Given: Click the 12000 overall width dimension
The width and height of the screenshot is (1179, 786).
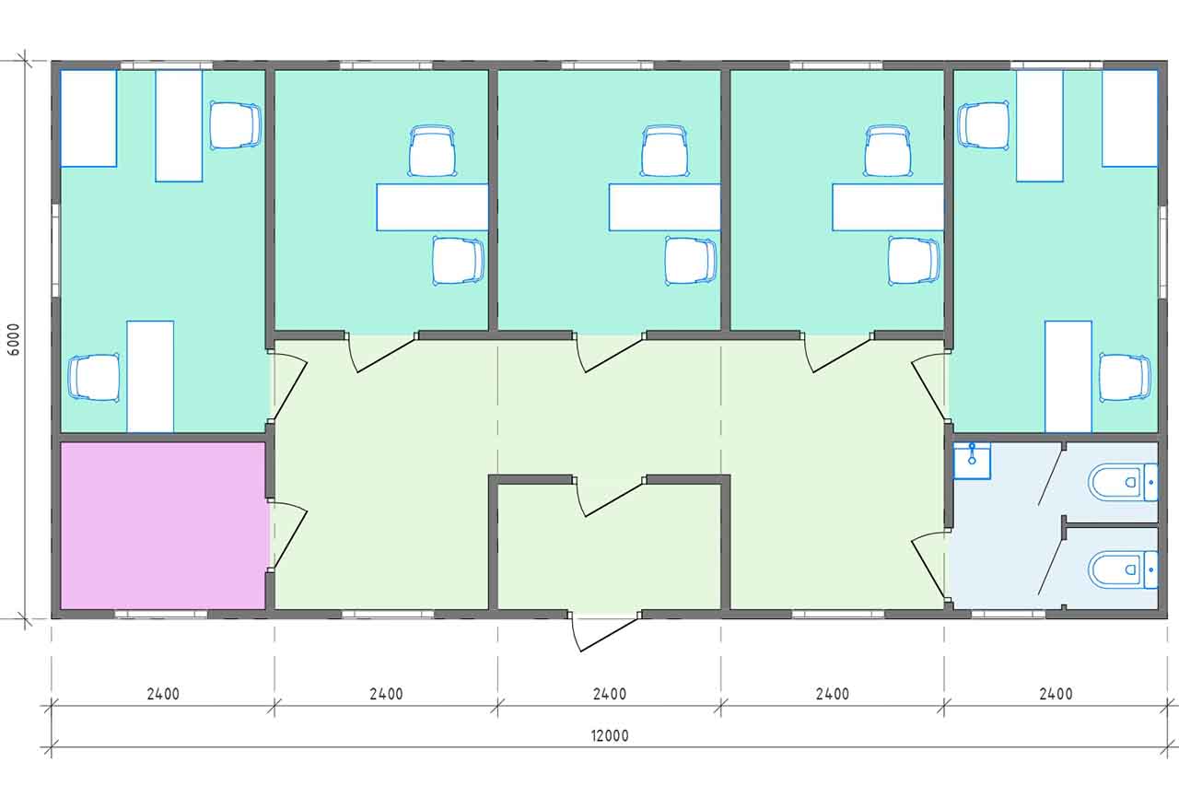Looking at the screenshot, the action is (610, 735).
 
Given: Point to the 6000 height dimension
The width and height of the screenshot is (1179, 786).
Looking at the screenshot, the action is (14, 339).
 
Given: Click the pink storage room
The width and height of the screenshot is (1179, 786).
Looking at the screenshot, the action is (163, 525).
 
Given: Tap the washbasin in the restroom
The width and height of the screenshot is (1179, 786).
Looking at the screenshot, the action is (972, 461).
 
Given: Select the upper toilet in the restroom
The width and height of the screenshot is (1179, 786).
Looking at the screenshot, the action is (1123, 482).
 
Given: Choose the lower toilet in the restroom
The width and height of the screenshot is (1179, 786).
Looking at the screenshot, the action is (1123, 569).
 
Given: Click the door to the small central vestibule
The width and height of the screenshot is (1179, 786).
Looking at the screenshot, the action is (609, 498).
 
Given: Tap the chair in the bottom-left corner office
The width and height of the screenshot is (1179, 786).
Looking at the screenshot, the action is (94, 378).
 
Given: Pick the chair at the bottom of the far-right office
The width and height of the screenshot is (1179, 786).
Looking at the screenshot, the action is (1125, 378).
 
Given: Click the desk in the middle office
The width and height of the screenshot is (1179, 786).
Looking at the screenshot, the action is (665, 207).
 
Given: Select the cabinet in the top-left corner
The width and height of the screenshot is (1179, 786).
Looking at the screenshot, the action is (88, 119).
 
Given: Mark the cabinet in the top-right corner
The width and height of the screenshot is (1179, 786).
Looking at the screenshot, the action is (1129, 119).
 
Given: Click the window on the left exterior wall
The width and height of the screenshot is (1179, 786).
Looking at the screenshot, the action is (55, 251).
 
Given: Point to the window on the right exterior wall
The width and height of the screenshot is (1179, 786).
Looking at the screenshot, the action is (1162, 251).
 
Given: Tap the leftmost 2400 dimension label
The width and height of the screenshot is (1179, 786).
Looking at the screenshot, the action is (163, 695).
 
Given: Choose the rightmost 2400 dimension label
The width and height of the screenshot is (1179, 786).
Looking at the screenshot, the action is (1056, 695).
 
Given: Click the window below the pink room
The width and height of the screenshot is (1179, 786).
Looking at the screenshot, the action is (161, 614).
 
